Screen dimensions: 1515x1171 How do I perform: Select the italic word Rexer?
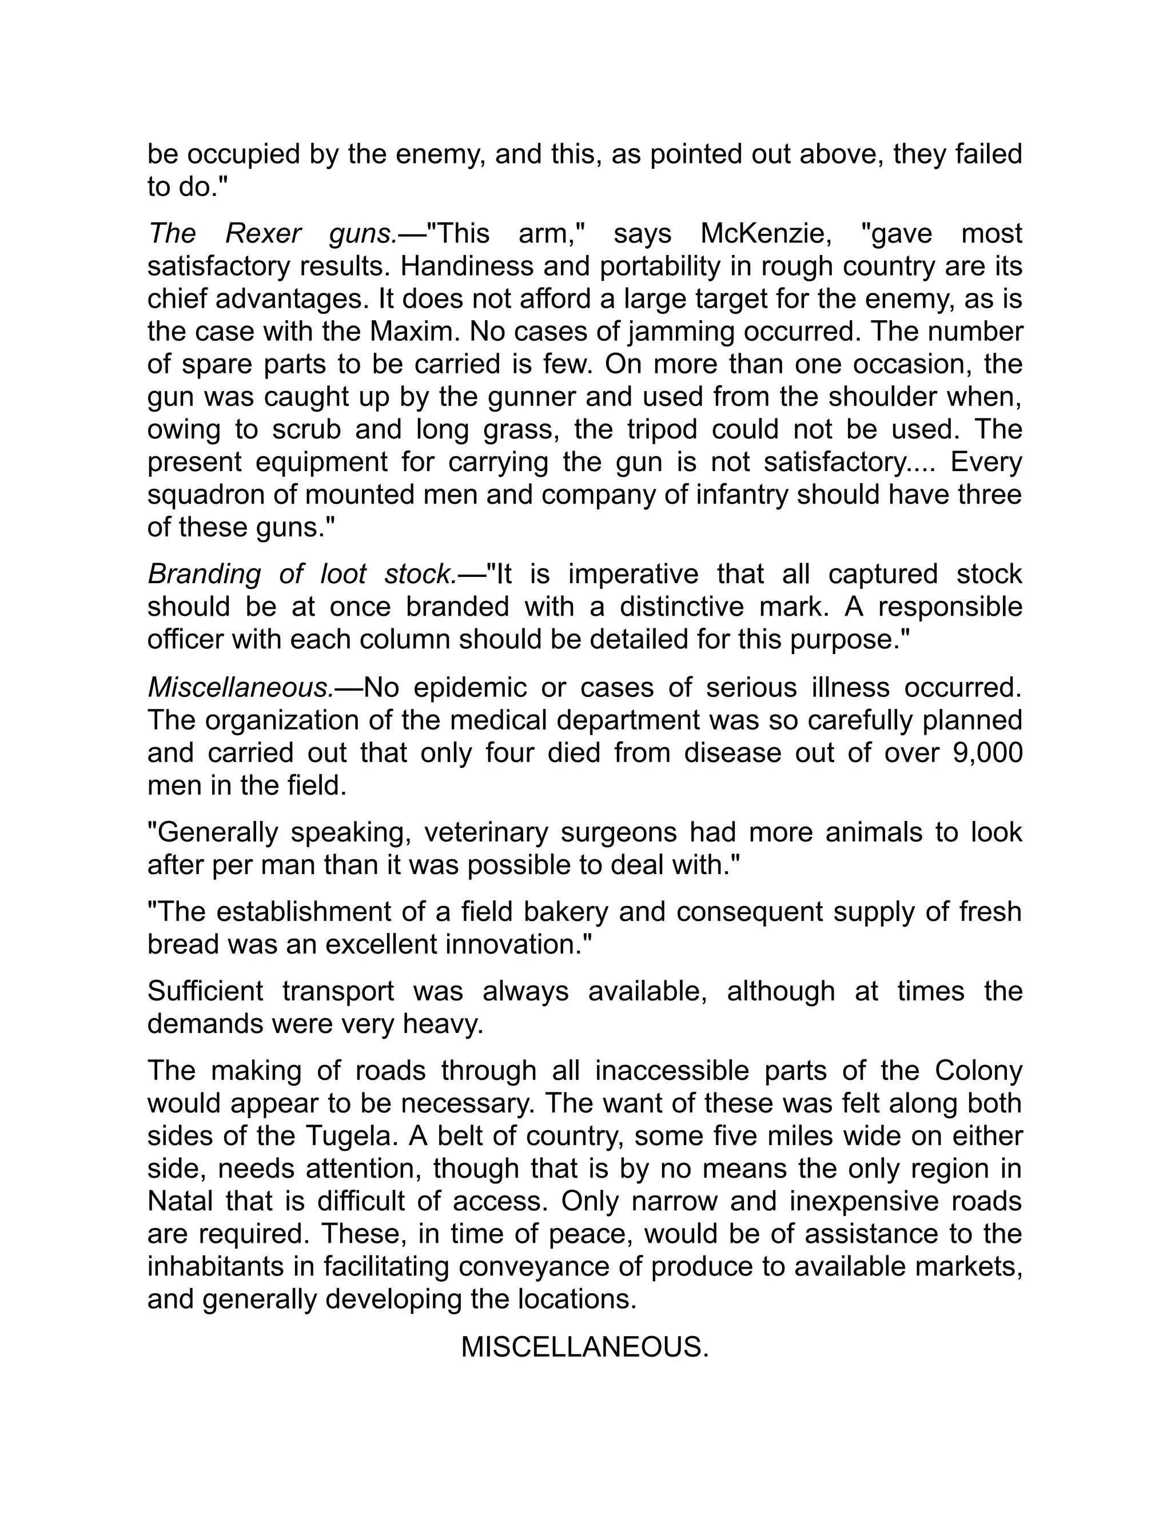tap(264, 234)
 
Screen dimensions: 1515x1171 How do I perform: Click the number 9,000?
tap(988, 753)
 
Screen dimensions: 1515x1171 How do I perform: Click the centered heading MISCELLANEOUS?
tap(585, 1347)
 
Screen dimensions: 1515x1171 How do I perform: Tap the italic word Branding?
tap(204, 575)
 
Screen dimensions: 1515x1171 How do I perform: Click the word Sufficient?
tap(205, 991)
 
